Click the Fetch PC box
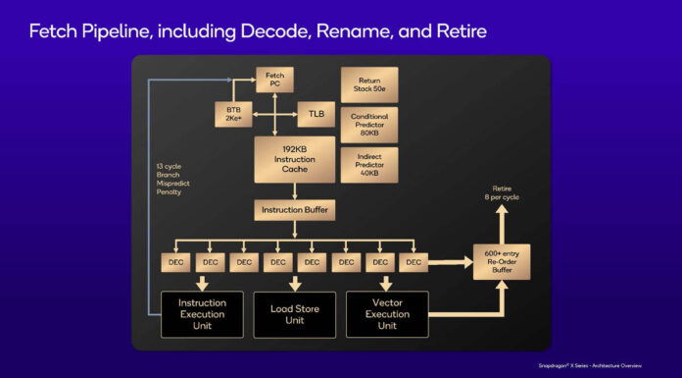[x=275, y=80]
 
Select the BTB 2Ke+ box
[x=233, y=114]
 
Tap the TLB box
[x=316, y=114]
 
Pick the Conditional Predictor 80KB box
[x=369, y=124]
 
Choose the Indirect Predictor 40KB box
[x=369, y=162]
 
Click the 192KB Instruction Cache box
[x=294, y=159]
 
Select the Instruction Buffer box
[x=294, y=210]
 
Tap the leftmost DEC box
[x=177, y=262]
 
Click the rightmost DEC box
[x=413, y=262]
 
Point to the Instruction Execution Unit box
[x=202, y=314]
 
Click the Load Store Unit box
[x=294, y=314]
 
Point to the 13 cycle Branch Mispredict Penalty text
[x=169, y=179]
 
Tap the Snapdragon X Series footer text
[x=609, y=363]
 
